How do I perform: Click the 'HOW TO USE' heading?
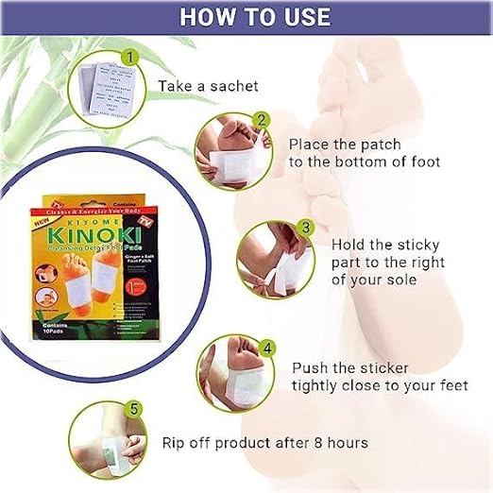tap(255, 18)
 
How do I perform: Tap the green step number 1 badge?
tap(132, 58)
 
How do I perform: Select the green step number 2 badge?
tap(260, 121)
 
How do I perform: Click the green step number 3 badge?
tap(305, 228)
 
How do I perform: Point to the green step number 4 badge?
tap(267, 348)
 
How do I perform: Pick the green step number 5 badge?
tap(134, 409)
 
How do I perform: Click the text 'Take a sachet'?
tap(207, 87)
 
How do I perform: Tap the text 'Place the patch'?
tap(345, 144)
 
